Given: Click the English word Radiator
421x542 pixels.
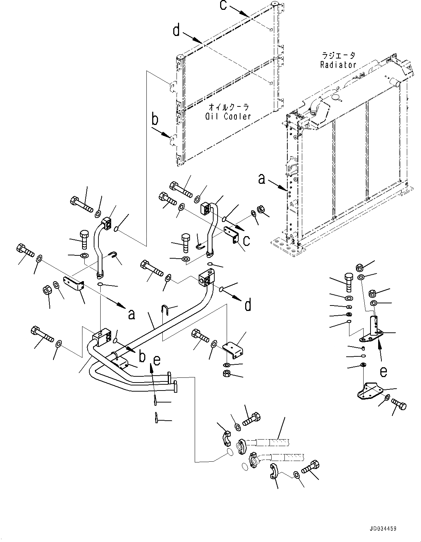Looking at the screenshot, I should tap(338, 65).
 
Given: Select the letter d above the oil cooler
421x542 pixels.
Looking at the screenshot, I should tap(177, 31).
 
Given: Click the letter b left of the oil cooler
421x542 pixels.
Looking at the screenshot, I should tap(155, 119).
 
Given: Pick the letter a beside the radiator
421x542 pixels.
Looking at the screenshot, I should tap(261, 179).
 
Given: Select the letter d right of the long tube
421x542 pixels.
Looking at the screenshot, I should tap(248, 305).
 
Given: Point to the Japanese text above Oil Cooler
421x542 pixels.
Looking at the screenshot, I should tap(229, 108).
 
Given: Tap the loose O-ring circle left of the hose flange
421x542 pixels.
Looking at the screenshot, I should tap(229, 452).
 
